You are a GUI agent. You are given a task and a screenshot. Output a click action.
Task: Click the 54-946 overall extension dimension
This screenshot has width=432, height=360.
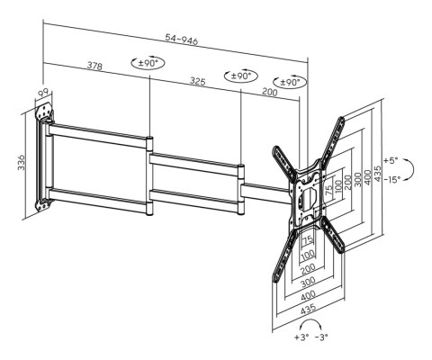pyautogui.click(x=182, y=40)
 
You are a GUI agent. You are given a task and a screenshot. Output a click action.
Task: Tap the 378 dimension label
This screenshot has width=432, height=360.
pyautogui.click(x=94, y=66)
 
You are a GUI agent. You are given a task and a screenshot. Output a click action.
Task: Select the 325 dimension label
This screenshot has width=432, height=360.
pyautogui.click(x=197, y=81)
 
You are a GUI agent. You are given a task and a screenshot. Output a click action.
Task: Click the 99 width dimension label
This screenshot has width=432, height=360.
pyautogui.click(x=41, y=94)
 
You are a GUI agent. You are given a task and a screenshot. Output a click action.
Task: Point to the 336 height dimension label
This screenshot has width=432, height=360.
pyautogui.click(x=22, y=163)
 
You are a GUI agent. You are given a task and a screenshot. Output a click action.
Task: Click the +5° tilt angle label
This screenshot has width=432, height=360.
pyautogui.click(x=390, y=161)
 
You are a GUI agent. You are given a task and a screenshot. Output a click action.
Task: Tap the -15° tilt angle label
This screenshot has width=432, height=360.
pyautogui.click(x=391, y=180)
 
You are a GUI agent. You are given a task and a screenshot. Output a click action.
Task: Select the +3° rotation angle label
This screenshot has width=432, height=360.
pyautogui.click(x=301, y=337)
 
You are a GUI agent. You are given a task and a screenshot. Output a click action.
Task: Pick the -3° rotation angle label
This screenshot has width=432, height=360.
pyautogui.click(x=321, y=337)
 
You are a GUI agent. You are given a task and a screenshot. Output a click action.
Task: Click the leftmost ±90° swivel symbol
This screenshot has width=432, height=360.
pyautogui.click(x=148, y=63)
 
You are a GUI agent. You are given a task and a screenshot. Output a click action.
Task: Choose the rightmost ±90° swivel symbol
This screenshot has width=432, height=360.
pyautogui.click(x=290, y=82)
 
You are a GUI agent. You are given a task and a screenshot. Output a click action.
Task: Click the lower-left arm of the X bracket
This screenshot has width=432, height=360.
pyautogui.click(x=284, y=256)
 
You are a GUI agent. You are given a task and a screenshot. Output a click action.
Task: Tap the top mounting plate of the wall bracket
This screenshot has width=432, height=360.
pyautogui.click(x=45, y=111)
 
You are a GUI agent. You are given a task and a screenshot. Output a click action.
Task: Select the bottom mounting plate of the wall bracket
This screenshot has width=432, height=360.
pyautogui.click(x=44, y=204)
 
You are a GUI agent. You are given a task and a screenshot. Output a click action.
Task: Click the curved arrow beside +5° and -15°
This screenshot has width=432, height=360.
pyautogui.click(x=409, y=170)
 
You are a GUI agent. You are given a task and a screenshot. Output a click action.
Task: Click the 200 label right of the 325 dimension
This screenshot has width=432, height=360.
pyautogui.click(x=270, y=92)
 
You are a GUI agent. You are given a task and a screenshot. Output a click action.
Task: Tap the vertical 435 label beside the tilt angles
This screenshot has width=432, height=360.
pyautogui.click(x=378, y=174)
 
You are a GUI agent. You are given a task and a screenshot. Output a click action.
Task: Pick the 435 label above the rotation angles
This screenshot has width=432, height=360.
pyautogui.click(x=308, y=309)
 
